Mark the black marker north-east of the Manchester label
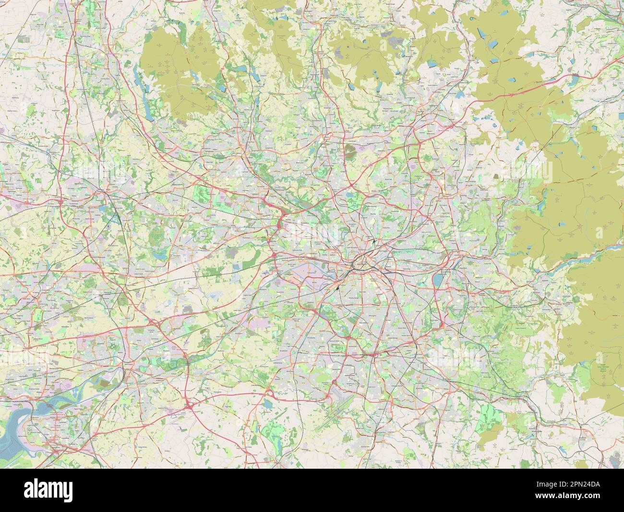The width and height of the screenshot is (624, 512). pyautogui.click(x=372, y=239)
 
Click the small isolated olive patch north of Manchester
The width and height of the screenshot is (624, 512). pyautogui.click(x=351, y=153)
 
